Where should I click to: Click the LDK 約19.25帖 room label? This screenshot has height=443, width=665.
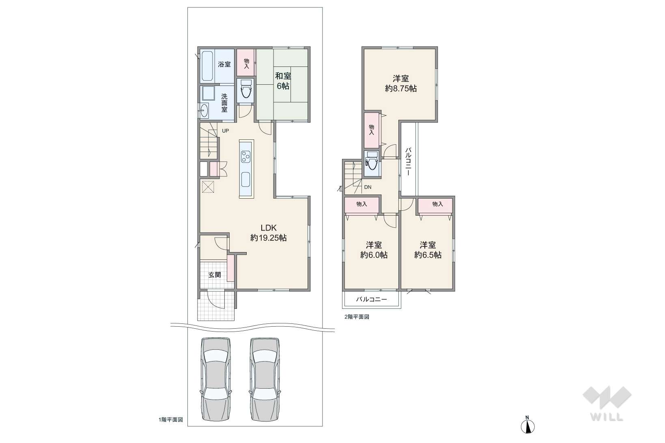(268, 233)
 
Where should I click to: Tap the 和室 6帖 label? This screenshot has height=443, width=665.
(283, 81)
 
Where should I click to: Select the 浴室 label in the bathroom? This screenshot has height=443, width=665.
(224, 64)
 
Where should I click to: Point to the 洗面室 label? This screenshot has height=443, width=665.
(224, 103)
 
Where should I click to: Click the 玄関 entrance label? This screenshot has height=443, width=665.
(214, 275)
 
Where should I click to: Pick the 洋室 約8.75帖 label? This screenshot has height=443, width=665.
(401, 83)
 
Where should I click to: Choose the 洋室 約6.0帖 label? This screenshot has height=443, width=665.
(374, 250)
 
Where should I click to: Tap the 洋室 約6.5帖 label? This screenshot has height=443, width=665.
(428, 250)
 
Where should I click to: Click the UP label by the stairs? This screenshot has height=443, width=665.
(225, 131)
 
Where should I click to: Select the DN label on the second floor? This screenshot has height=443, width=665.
(368, 187)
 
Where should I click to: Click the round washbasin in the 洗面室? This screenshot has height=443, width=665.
(204, 111)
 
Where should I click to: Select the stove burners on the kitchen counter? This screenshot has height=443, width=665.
(246, 156)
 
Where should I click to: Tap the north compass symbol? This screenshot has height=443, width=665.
(527, 426)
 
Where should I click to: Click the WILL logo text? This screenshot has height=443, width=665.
(607, 417)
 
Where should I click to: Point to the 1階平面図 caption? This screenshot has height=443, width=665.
(171, 419)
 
